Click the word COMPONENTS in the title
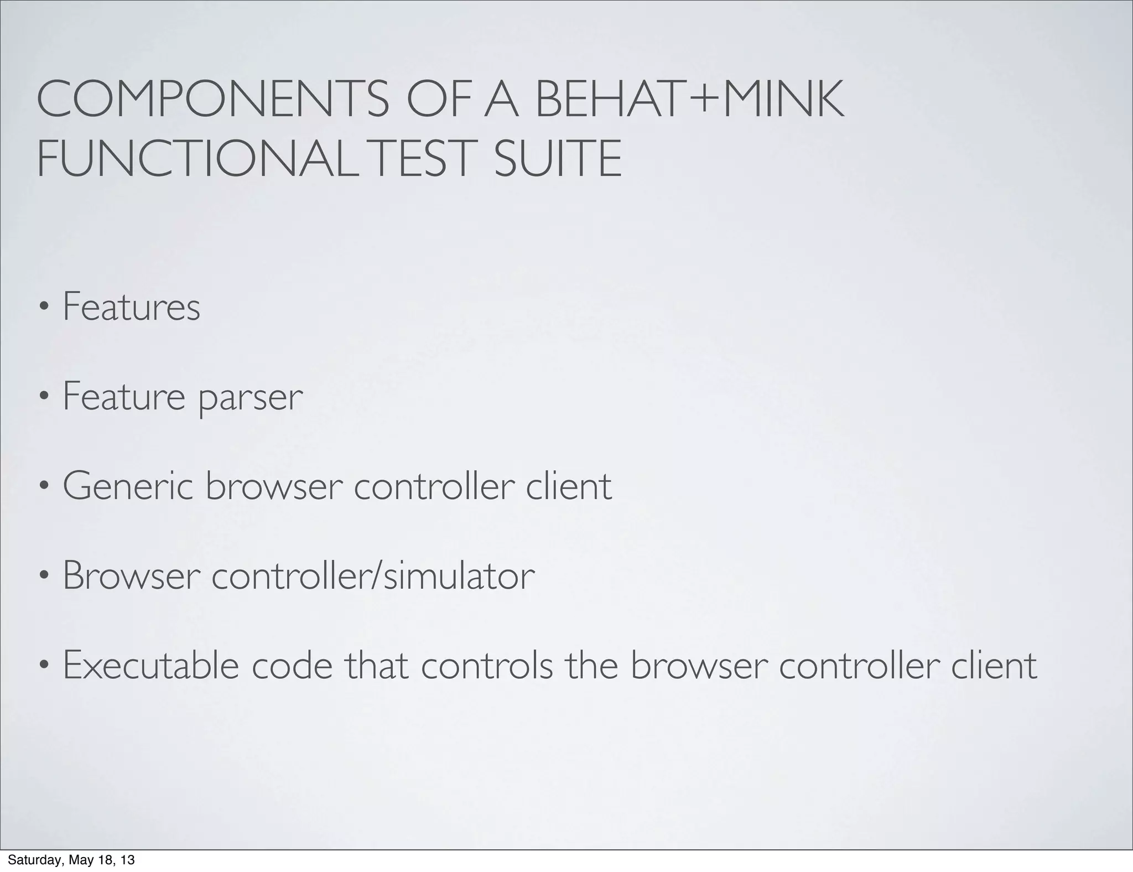(213, 100)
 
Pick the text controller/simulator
(373, 575)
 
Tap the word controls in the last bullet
(487, 665)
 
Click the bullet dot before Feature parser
(44, 397)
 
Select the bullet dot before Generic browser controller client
(44, 487)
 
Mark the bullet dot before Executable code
(44, 666)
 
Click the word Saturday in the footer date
(27, 860)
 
